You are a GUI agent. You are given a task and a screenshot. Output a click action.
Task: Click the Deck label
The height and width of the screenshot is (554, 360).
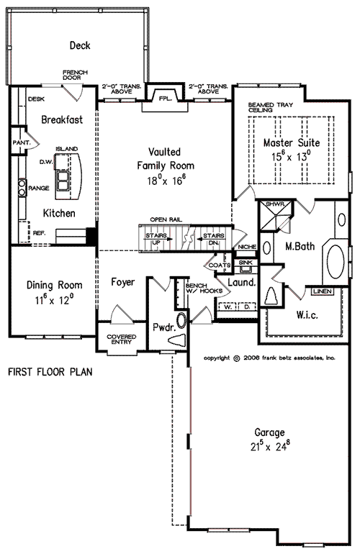(79, 45)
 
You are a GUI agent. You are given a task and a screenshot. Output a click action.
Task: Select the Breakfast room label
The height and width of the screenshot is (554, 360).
(62, 119)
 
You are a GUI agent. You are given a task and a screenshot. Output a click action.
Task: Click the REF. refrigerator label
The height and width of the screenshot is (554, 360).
(38, 232)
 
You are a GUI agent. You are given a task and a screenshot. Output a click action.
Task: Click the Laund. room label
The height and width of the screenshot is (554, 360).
(243, 283)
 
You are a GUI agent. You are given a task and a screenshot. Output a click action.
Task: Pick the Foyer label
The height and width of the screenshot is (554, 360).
(124, 282)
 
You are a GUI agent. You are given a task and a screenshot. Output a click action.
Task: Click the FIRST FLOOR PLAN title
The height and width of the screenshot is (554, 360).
(50, 373)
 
